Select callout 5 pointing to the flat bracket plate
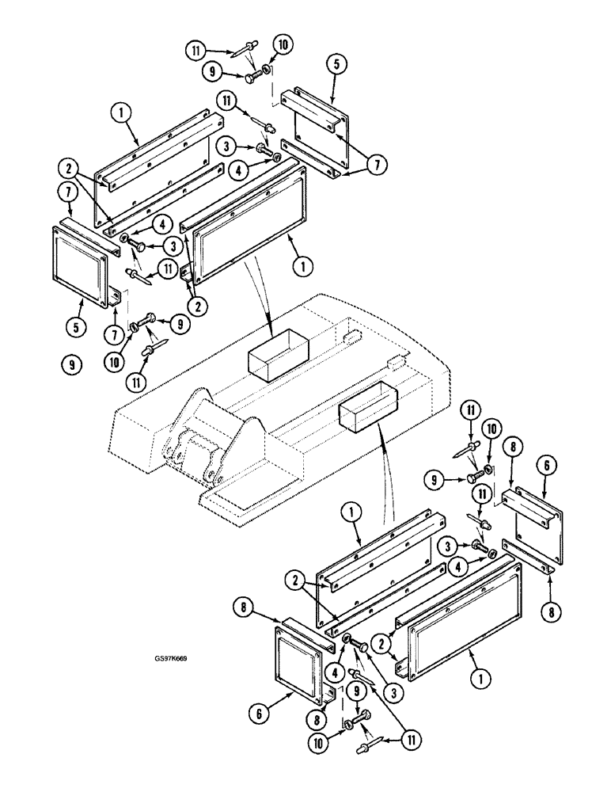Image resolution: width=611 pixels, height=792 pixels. point(336,64)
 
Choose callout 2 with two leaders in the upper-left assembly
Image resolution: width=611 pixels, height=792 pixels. point(69,167)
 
